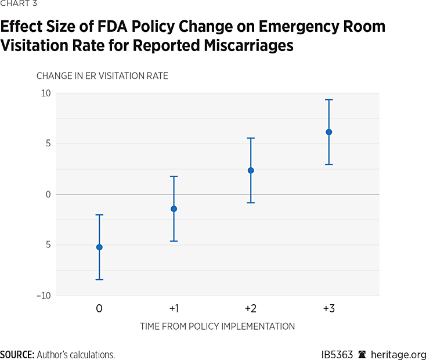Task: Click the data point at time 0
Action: point(99,247)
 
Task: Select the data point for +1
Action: point(174,208)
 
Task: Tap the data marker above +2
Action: point(251,170)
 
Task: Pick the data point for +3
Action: point(328,132)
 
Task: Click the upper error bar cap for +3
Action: point(328,100)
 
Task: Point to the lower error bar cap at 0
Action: point(99,280)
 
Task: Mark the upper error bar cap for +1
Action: point(174,177)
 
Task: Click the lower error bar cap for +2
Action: point(251,203)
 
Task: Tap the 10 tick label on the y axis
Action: point(45,93)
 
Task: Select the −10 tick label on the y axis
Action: point(43,296)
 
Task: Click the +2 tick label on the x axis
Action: point(251,308)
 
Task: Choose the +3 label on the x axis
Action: point(328,308)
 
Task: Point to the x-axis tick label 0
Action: point(99,308)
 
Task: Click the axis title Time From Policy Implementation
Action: point(217,326)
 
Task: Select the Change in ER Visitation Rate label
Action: point(102,76)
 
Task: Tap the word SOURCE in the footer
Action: point(17,355)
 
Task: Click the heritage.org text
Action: point(399,355)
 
